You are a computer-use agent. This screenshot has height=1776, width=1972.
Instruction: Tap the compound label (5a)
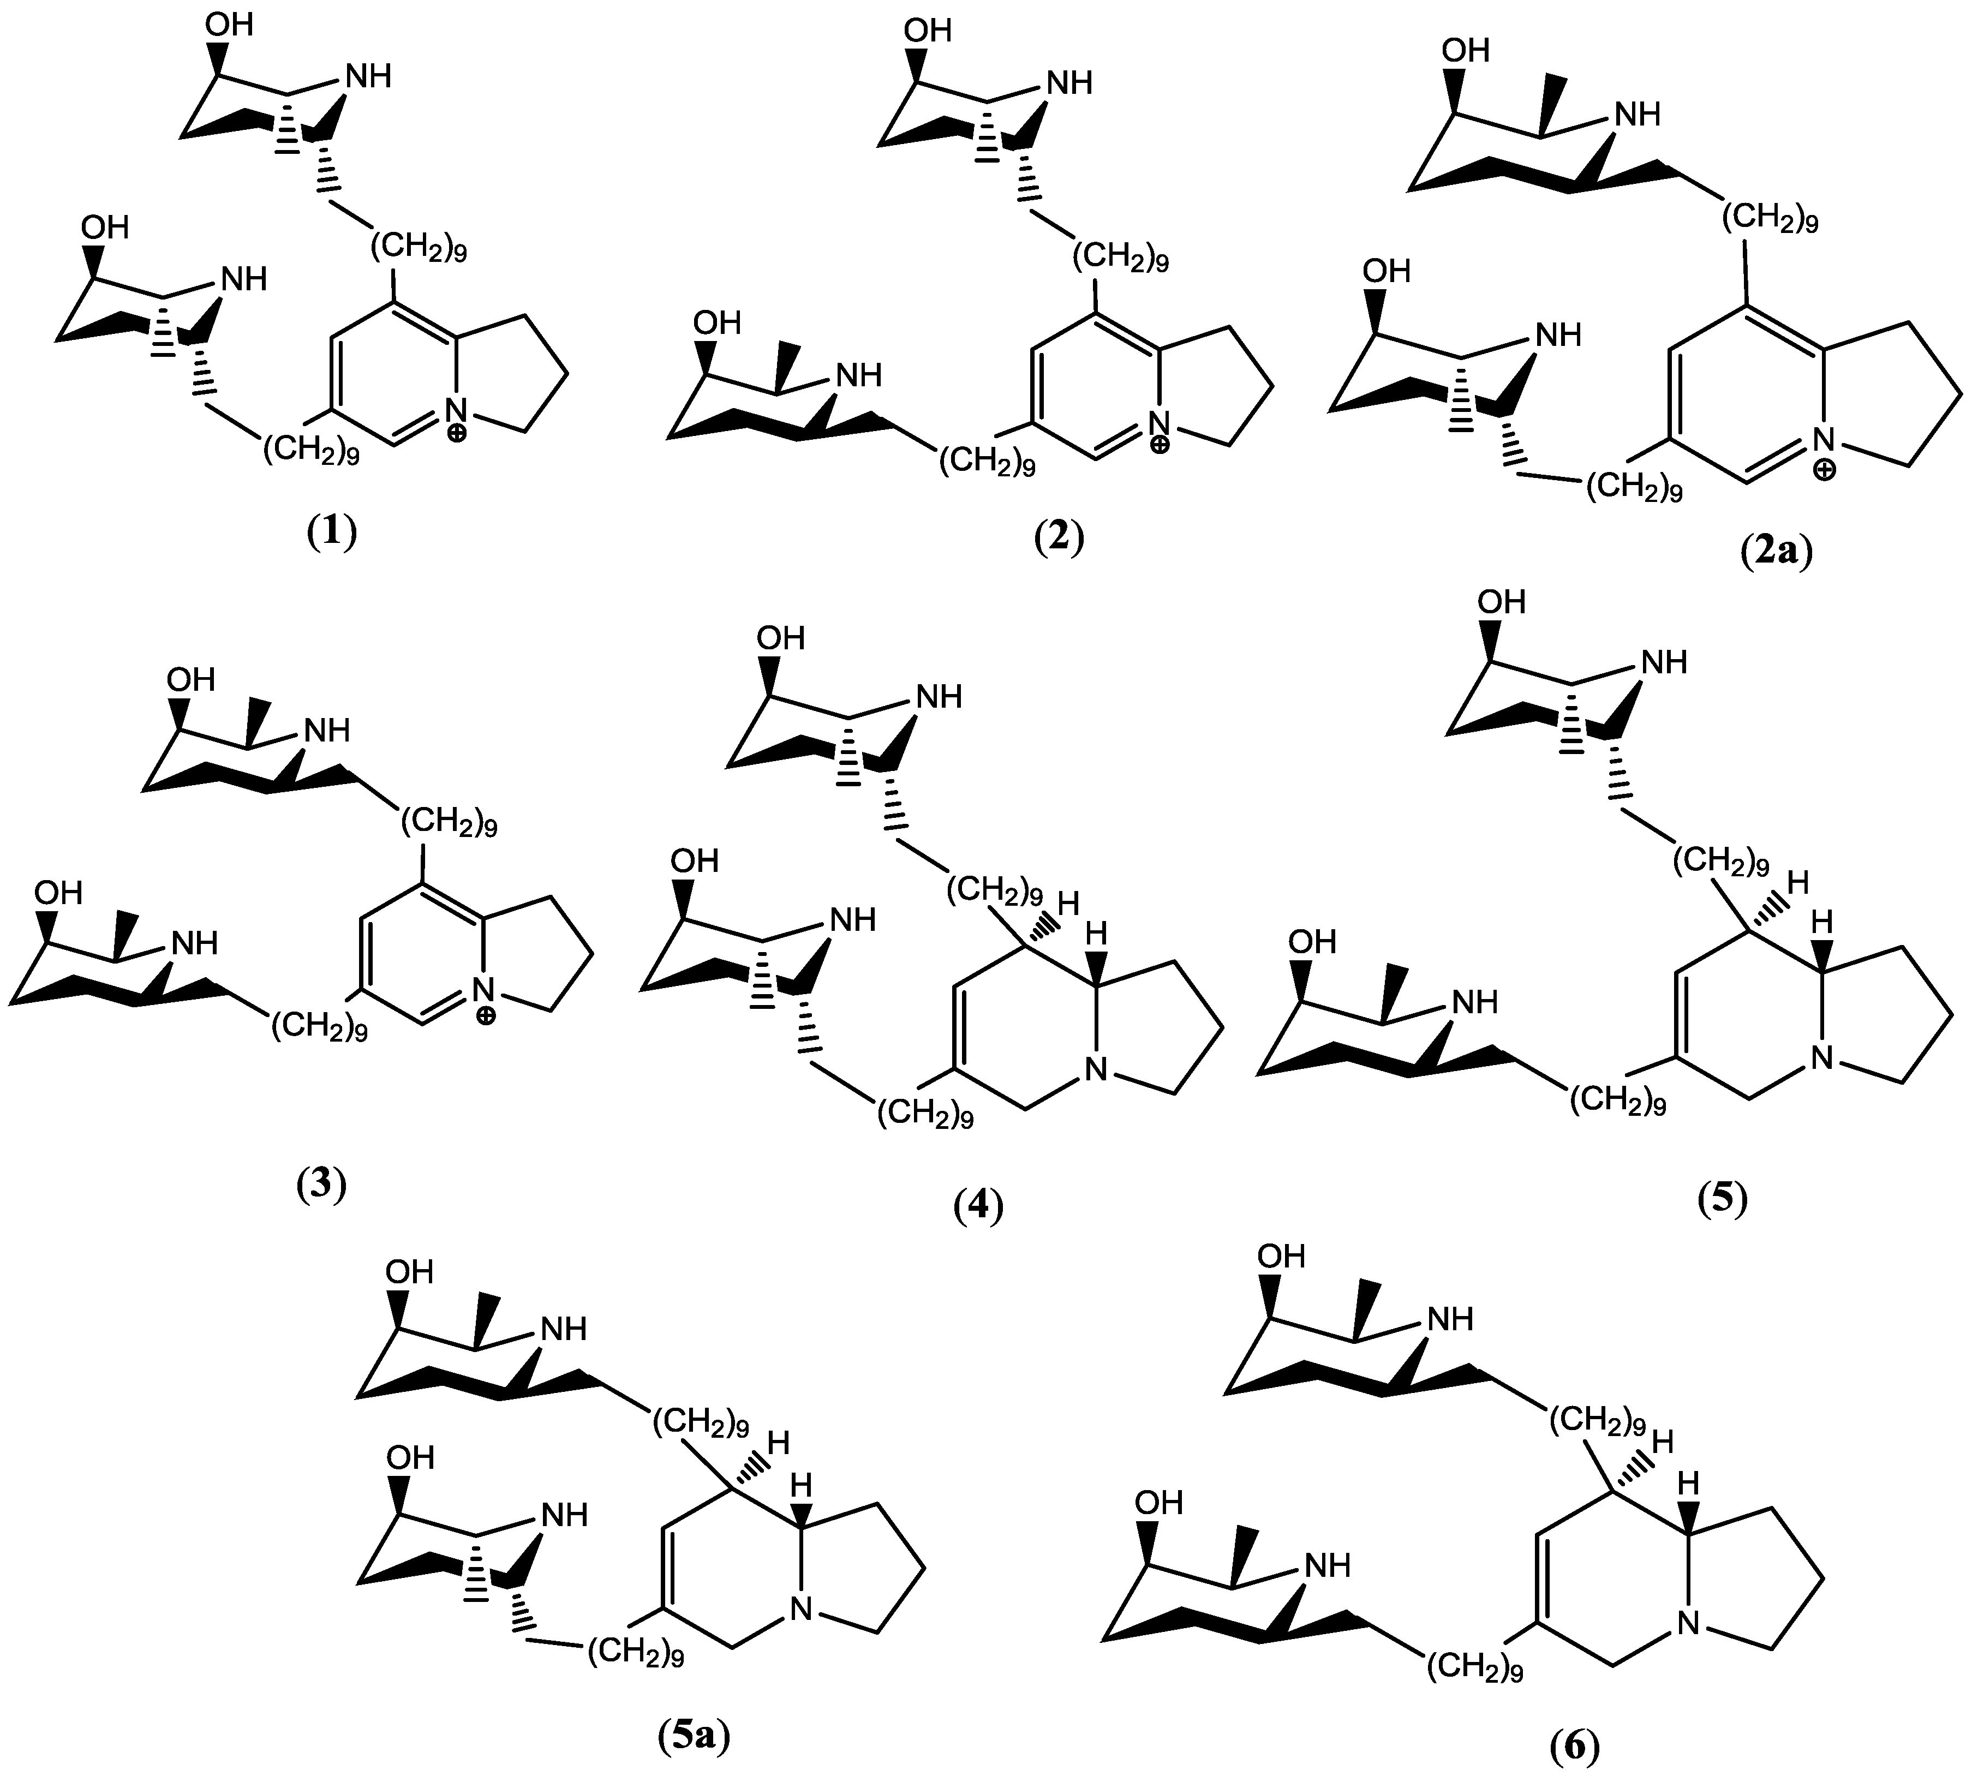[x=694, y=1735]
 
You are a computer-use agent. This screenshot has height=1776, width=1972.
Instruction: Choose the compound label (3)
[x=322, y=1186]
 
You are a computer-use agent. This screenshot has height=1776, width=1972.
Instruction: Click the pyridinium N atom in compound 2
[x=1159, y=422]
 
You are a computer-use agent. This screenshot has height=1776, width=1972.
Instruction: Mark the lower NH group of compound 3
[x=194, y=943]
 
